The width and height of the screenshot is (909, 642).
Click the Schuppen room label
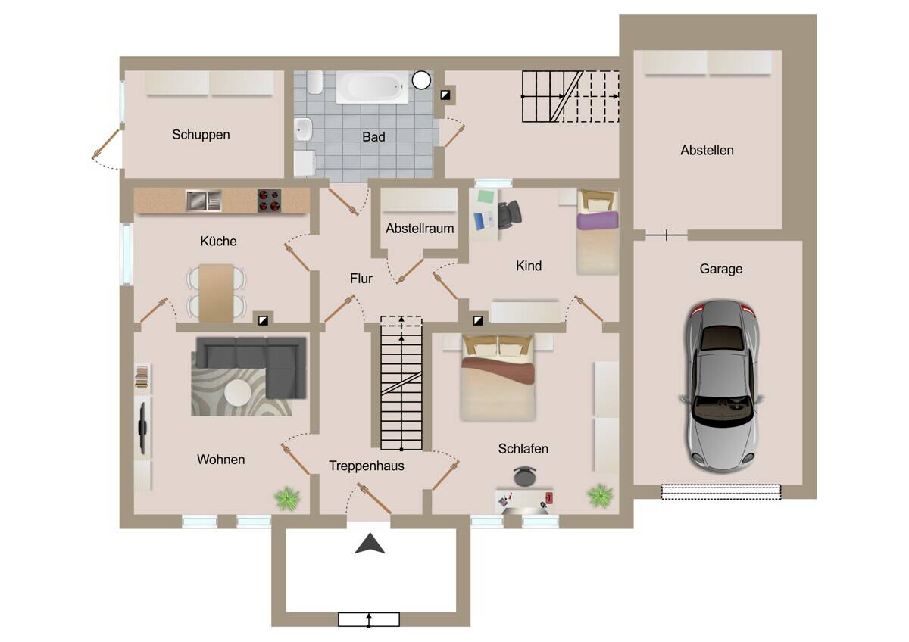[201, 135]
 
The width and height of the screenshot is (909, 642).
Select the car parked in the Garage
[721, 387]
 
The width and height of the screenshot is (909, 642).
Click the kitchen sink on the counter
[203, 201]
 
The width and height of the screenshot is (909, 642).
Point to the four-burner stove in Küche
[269, 201]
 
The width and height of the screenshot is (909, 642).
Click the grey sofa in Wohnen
[251, 365]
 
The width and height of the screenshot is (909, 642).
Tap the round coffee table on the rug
[238, 392]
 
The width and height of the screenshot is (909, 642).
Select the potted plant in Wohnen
[287, 497]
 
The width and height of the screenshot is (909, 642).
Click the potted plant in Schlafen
[600, 495]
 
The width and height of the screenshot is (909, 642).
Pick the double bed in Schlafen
[498, 378]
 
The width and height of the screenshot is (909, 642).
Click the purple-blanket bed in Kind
[598, 232]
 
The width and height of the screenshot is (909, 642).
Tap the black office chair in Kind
[509, 214]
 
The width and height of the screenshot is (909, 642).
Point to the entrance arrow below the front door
[370, 544]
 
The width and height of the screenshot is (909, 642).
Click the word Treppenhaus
[367, 466]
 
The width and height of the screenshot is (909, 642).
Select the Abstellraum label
[420, 229]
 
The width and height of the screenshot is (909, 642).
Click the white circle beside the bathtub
[421, 80]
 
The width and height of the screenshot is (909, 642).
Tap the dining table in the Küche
[216, 293]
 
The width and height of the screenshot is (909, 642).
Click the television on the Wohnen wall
[142, 428]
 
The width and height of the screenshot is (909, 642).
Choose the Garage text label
[721, 269]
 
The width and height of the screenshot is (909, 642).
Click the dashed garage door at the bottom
[721, 491]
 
